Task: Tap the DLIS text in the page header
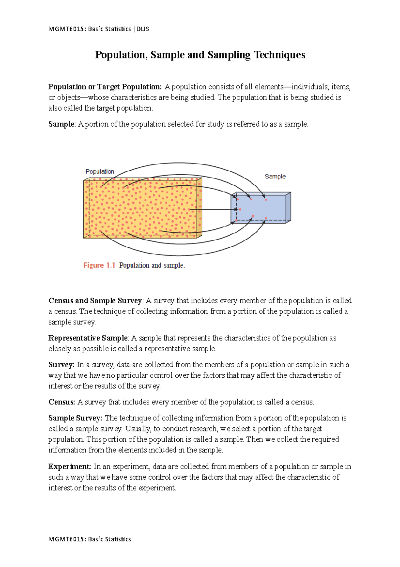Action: click(x=142, y=29)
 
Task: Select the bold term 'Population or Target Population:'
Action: click(x=105, y=87)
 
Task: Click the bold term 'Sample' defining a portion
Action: click(x=61, y=124)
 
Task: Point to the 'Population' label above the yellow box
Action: click(x=100, y=172)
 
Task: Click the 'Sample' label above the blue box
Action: click(x=275, y=176)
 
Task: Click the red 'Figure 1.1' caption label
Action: click(x=99, y=265)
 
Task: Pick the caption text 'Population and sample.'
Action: click(x=152, y=265)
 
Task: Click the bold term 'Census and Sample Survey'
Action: click(x=95, y=301)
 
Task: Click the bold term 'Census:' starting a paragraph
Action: click(x=62, y=402)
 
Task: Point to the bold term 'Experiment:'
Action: click(x=70, y=466)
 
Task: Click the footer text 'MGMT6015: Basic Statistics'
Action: click(x=90, y=539)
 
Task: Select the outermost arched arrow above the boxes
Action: click(x=180, y=163)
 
